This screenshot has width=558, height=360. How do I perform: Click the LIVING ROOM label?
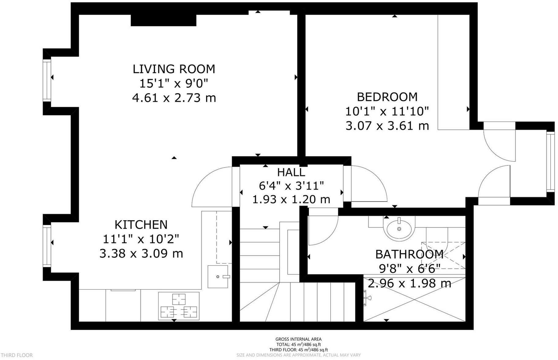pyautogui.click(x=174, y=69)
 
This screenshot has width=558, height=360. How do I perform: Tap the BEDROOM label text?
pyautogui.click(x=387, y=97)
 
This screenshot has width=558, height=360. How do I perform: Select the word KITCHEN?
pyautogui.click(x=141, y=225)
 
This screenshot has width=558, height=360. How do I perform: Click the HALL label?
pyautogui.click(x=291, y=172)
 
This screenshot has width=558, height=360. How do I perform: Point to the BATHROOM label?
pyautogui.click(x=409, y=254)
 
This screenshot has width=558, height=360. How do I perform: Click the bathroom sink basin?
pyautogui.click(x=399, y=229)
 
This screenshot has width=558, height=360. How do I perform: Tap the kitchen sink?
pyautogui.click(x=218, y=277)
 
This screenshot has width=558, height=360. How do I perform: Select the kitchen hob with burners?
pyautogui.click(x=179, y=306)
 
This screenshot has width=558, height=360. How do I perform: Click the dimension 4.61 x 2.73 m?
pyautogui.click(x=174, y=98)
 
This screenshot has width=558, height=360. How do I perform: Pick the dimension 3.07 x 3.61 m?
pyautogui.click(x=387, y=126)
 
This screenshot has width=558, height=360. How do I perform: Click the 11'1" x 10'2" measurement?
pyautogui.click(x=141, y=239)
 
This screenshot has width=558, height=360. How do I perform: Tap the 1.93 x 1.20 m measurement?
pyautogui.click(x=291, y=200)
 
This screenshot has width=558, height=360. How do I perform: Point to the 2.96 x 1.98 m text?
pyautogui.click(x=409, y=283)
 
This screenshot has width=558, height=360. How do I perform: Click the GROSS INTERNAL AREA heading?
pyautogui.click(x=298, y=339)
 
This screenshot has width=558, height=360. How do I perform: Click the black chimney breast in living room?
pyautogui.click(x=163, y=20)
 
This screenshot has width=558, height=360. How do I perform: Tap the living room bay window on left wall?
pyautogui.click(x=47, y=81)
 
